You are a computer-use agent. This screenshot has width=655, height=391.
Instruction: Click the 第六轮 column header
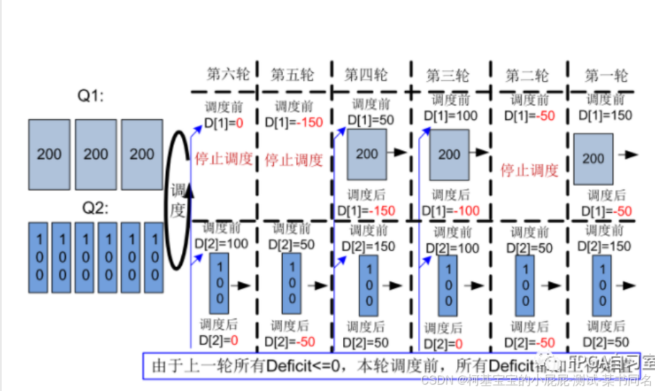(227, 75)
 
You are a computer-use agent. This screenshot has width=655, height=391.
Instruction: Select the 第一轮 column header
(606, 75)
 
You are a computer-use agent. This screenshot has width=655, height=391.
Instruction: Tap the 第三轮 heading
(447, 75)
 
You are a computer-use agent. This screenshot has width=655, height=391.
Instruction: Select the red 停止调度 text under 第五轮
(293, 160)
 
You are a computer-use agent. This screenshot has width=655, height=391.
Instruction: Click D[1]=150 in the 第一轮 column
(606, 115)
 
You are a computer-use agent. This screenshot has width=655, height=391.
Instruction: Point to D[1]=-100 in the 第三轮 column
(451, 210)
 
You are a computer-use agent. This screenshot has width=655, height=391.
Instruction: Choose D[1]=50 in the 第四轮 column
(369, 121)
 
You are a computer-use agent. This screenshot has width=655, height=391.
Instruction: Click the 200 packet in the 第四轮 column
(366, 154)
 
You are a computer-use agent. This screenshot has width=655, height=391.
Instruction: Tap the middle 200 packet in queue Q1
(95, 153)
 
